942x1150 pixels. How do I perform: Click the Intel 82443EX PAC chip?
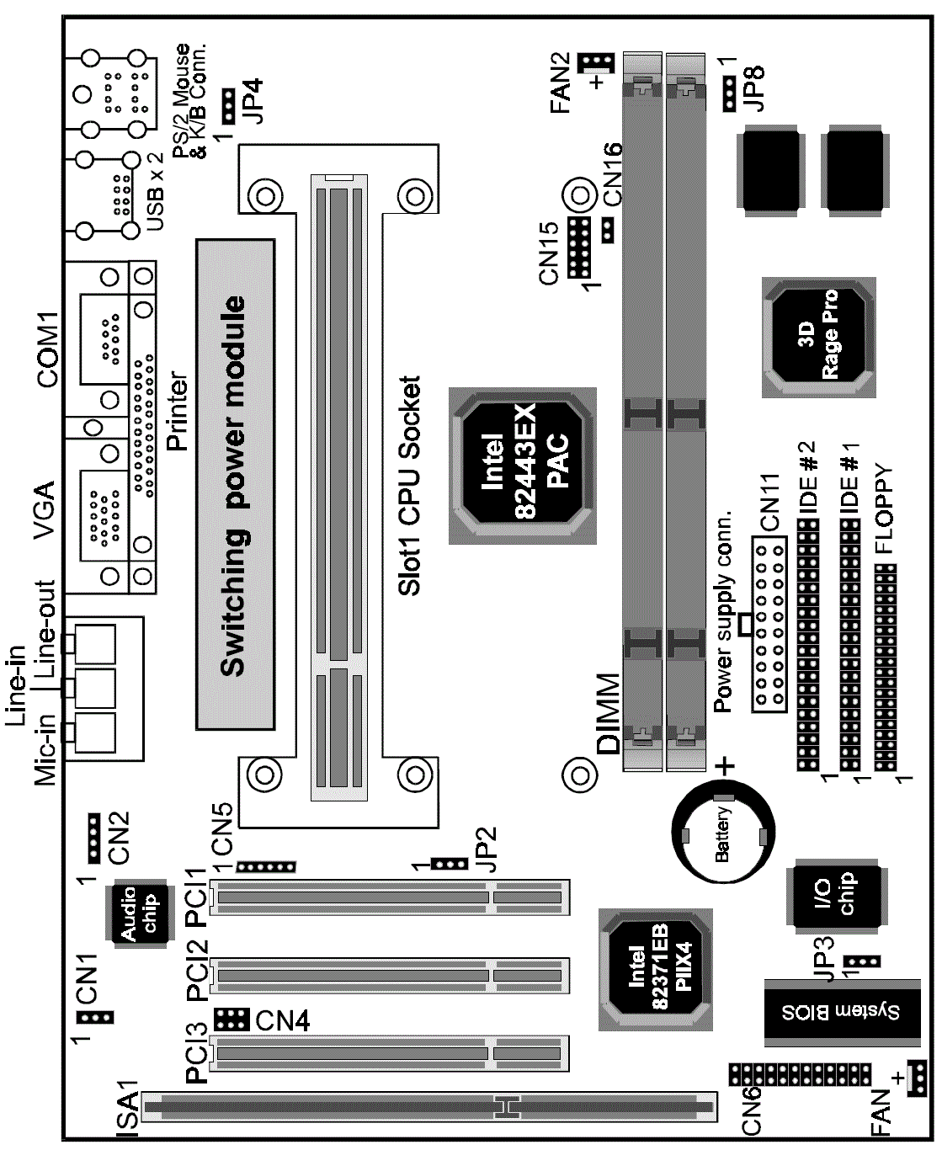(522, 466)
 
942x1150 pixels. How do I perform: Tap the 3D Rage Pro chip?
(818, 337)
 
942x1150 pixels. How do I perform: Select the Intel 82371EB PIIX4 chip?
(655, 969)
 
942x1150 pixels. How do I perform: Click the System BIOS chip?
(842, 1013)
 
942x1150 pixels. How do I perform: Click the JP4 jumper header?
(228, 106)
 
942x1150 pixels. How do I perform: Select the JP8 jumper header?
(729, 94)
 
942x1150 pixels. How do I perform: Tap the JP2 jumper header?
(450, 864)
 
